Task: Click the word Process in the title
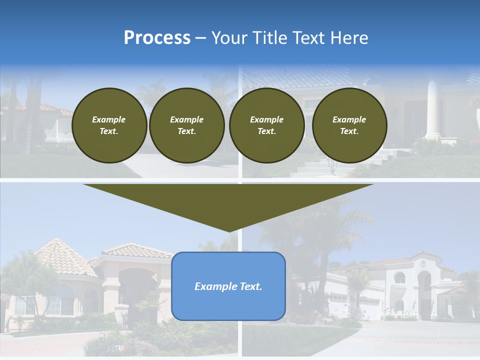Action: point(157,38)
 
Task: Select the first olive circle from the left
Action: point(109,125)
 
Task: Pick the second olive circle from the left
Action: point(187,125)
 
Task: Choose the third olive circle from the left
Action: point(267,125)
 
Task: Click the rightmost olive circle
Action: point(349,125)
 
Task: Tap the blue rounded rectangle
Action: point(228,300)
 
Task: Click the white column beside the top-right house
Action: point(432,110)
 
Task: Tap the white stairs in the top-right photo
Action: point(320,167)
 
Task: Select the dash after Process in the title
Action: point(200,38)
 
